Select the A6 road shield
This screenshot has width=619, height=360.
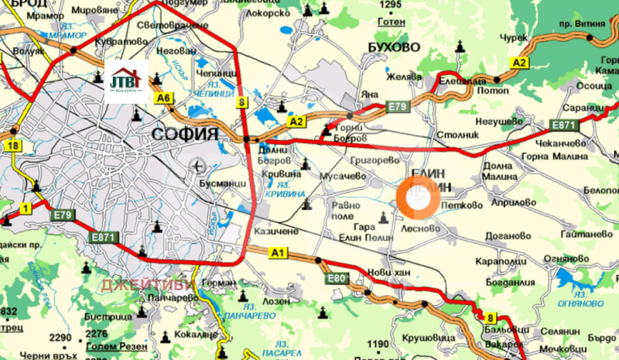pos(163,98)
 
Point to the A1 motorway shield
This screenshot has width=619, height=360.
pos(278,252)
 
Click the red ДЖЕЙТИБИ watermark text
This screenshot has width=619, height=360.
pos(147,285)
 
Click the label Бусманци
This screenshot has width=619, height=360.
pos(226,181)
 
